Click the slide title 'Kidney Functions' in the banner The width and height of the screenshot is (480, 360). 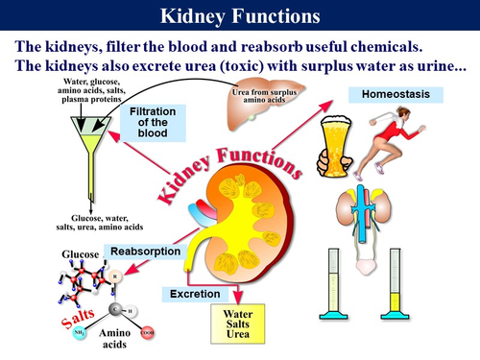pyautogui.click(x=240, y=16)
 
